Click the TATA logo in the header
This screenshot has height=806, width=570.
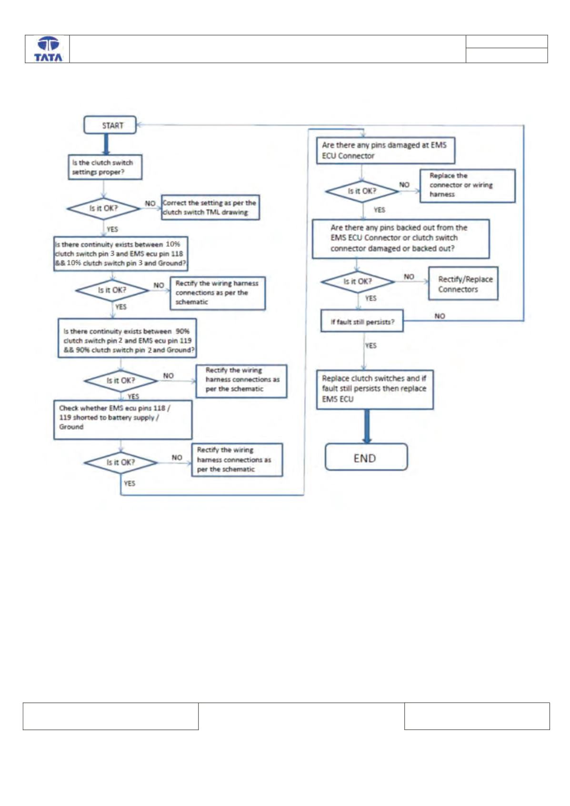tap(48, 49)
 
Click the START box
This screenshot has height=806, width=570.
tap(110, 125)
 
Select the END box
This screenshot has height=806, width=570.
tap(366, 457)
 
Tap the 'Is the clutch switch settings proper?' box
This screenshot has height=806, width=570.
tap(105, 167)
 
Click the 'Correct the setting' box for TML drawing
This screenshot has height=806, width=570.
tap(210, 207)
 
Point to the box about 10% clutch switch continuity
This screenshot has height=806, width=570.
tap(121, 254)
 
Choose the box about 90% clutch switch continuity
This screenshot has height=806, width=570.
tap(128, 338)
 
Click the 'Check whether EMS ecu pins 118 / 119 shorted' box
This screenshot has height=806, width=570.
tap(123, 419)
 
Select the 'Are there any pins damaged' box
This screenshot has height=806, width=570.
tap(385, 150)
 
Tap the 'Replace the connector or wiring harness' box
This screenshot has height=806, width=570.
tap(468, 186)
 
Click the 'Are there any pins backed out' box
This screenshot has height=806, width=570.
tap(401, 239)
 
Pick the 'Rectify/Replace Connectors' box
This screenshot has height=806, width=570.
tap(463, 284)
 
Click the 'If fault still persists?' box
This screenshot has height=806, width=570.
tap(362, 321)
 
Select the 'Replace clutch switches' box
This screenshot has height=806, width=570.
tap(375, 390)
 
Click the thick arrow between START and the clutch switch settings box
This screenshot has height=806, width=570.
tap(106, 144)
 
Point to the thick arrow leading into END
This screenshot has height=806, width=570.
tap(367, 427)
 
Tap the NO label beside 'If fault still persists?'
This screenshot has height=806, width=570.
tap(440, 316)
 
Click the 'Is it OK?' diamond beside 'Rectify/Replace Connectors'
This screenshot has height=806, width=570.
tap(358, 281)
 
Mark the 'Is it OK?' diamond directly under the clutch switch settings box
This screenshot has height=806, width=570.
tap(104, 209)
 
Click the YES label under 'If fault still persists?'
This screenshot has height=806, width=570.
tap(370, 346)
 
